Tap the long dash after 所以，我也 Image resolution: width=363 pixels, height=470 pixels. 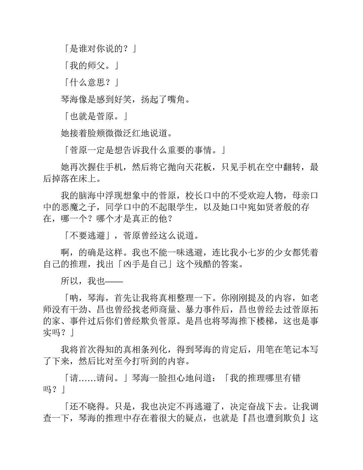click(x=114, y=281)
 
